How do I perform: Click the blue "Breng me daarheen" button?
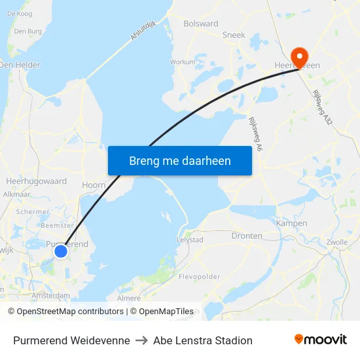tap(179, 160)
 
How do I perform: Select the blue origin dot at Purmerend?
tap(61, 251)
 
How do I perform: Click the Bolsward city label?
tap(201, 24)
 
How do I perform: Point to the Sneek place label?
tap(234, 35)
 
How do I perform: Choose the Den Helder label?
tap(20, 65)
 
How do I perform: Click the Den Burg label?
tap(27, 31)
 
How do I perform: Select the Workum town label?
tap(183, 62)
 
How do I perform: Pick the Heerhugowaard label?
tap(36, 181)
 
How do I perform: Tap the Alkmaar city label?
tap(17, 194)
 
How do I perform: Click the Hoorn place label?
tap(94, 185)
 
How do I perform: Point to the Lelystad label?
tap(190, 240)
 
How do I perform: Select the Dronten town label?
tap(247, 236)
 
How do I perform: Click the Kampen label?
tap(292, 223)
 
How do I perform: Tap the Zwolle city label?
tap(336, 242)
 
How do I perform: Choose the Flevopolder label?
tap(200, 276)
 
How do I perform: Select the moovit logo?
tap(320, 340)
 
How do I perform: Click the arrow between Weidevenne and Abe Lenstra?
tap(141, 340)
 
